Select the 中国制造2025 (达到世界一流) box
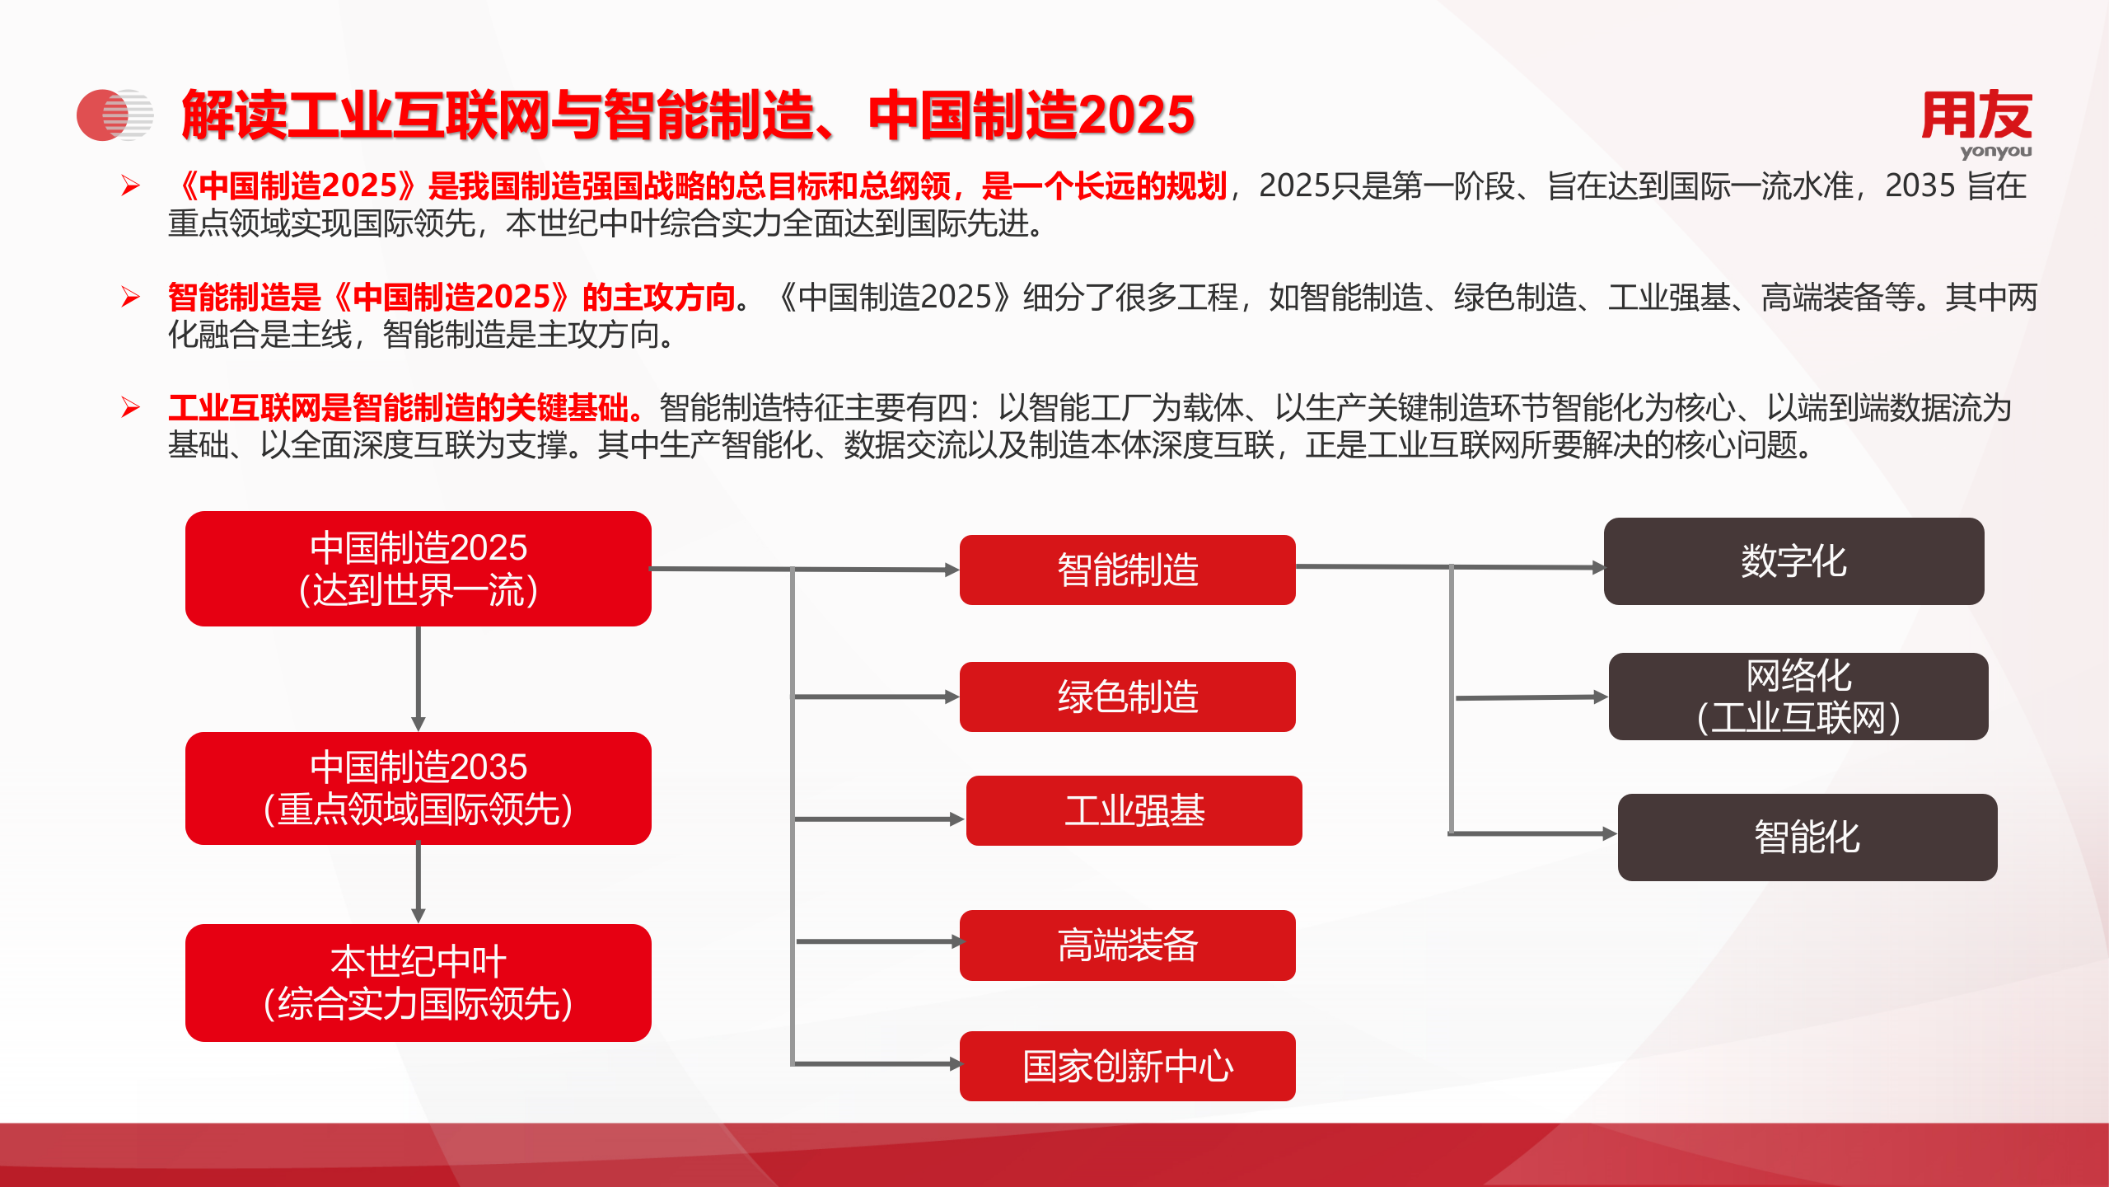point(419,569)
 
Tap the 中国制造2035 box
point(419,788)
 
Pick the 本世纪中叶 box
point(419,983)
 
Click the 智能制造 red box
point(1127,570)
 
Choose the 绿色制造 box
point(1127,697)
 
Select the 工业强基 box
point(1134,811)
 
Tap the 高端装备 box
point(1127,945)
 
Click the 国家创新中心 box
point(1127,1067)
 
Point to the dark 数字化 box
point(1793,561)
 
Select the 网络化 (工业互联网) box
point(1798,697)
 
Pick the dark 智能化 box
point(1807,837)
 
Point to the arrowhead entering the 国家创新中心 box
point(955,1064)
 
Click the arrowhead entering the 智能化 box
point(1609,834)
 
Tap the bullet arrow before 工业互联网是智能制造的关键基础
point(130,407)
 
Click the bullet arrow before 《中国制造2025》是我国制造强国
point(130,185)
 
